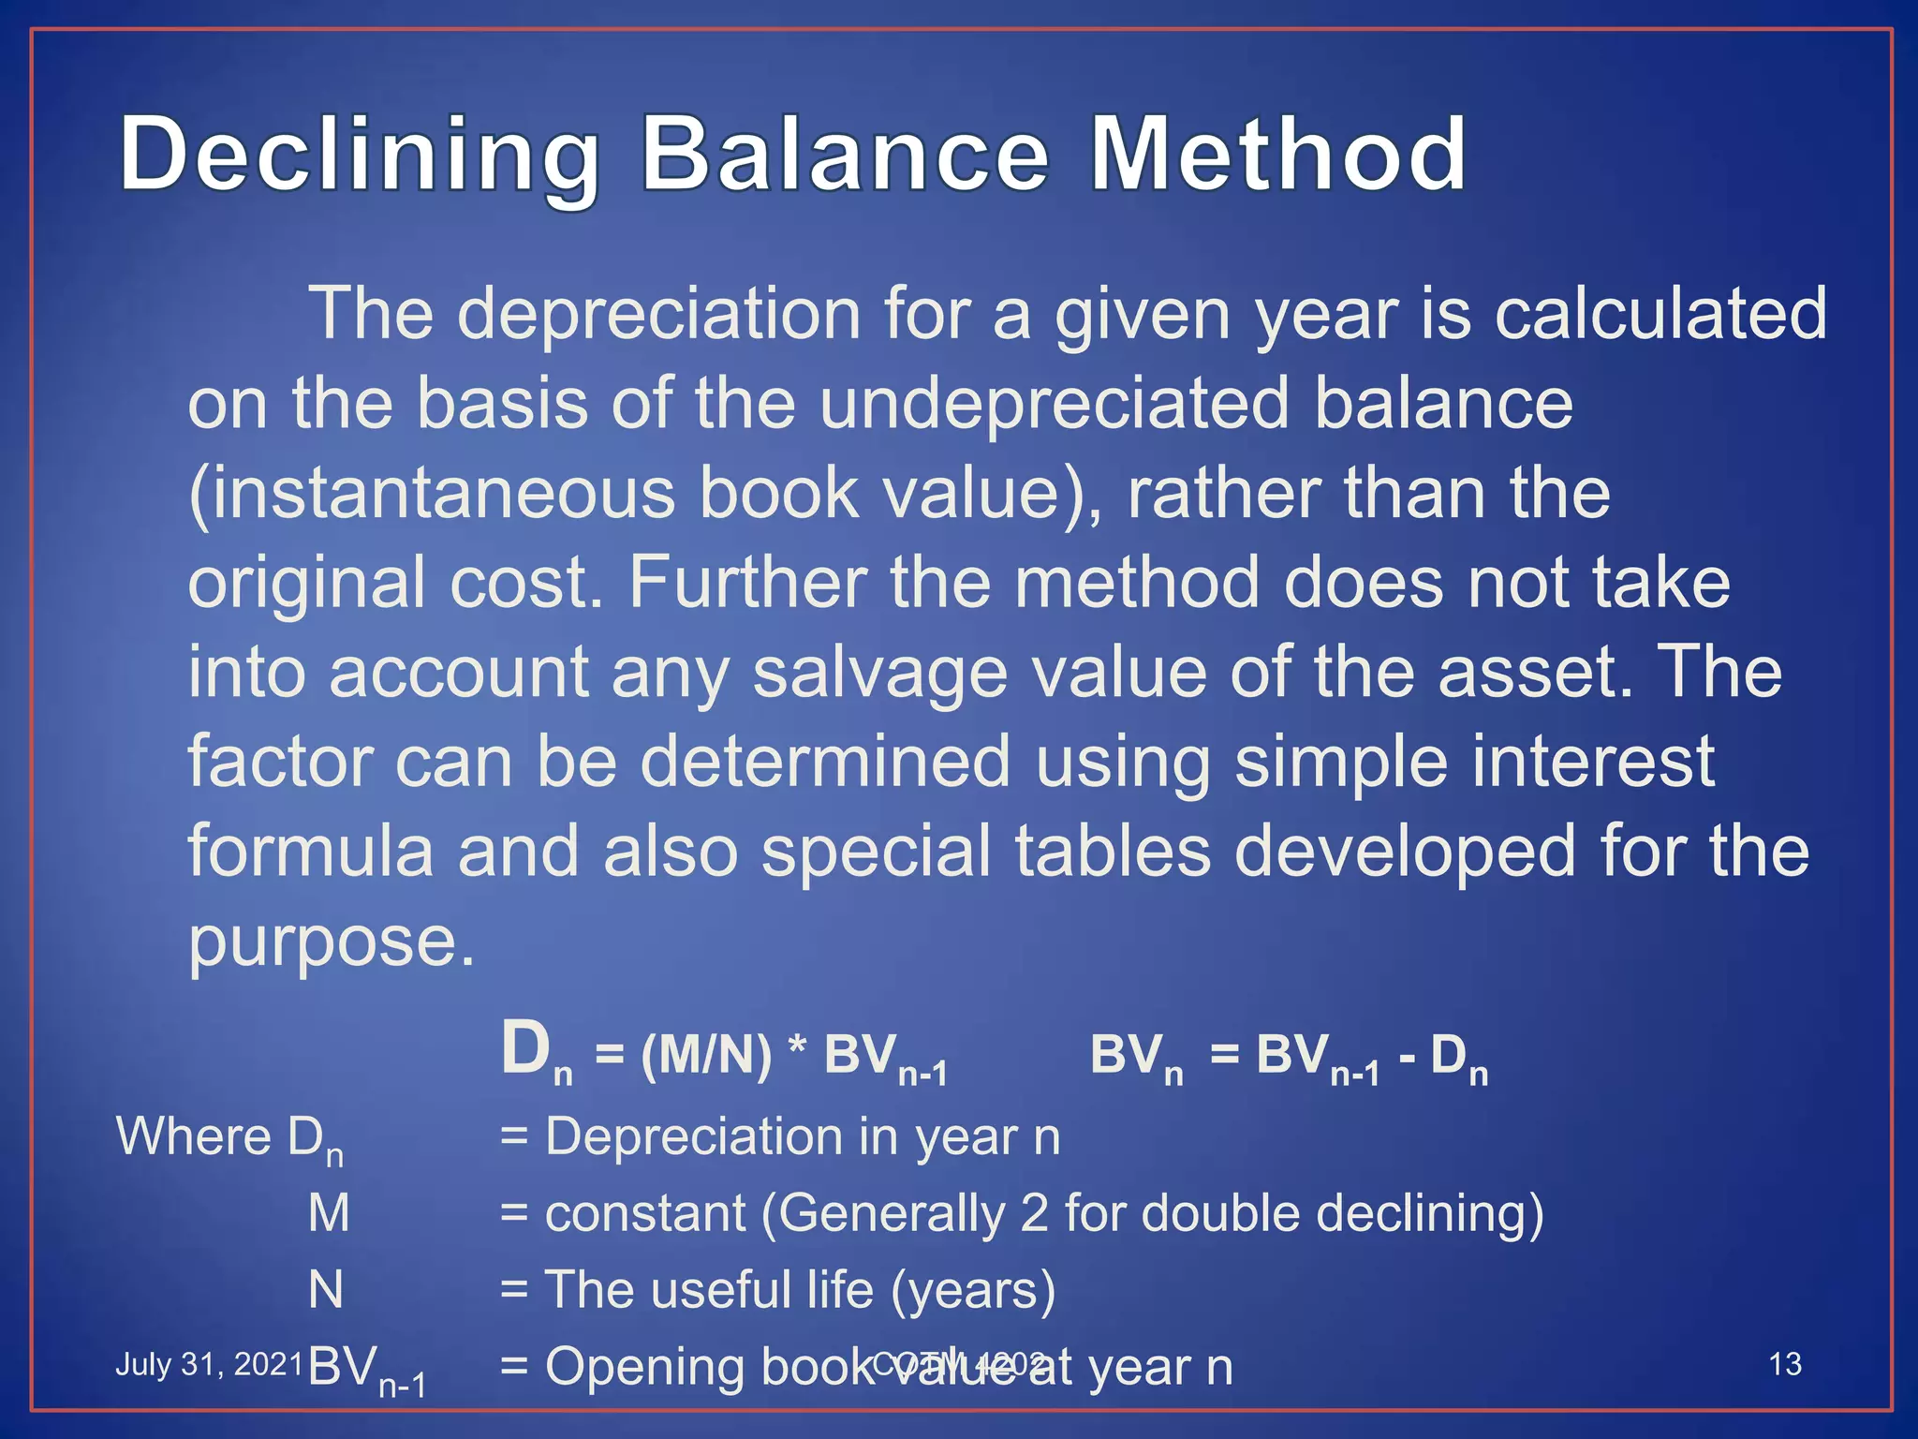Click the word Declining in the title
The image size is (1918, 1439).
360,156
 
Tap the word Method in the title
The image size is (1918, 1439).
1278,154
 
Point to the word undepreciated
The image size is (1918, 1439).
1055,403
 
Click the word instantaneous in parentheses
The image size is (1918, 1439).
432,493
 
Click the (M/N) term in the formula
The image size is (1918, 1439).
706,1055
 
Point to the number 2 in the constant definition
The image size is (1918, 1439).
1034,1213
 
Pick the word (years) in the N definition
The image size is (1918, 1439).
973,1290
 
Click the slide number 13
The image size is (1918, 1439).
1785,1364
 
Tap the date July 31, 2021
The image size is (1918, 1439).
208,1364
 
